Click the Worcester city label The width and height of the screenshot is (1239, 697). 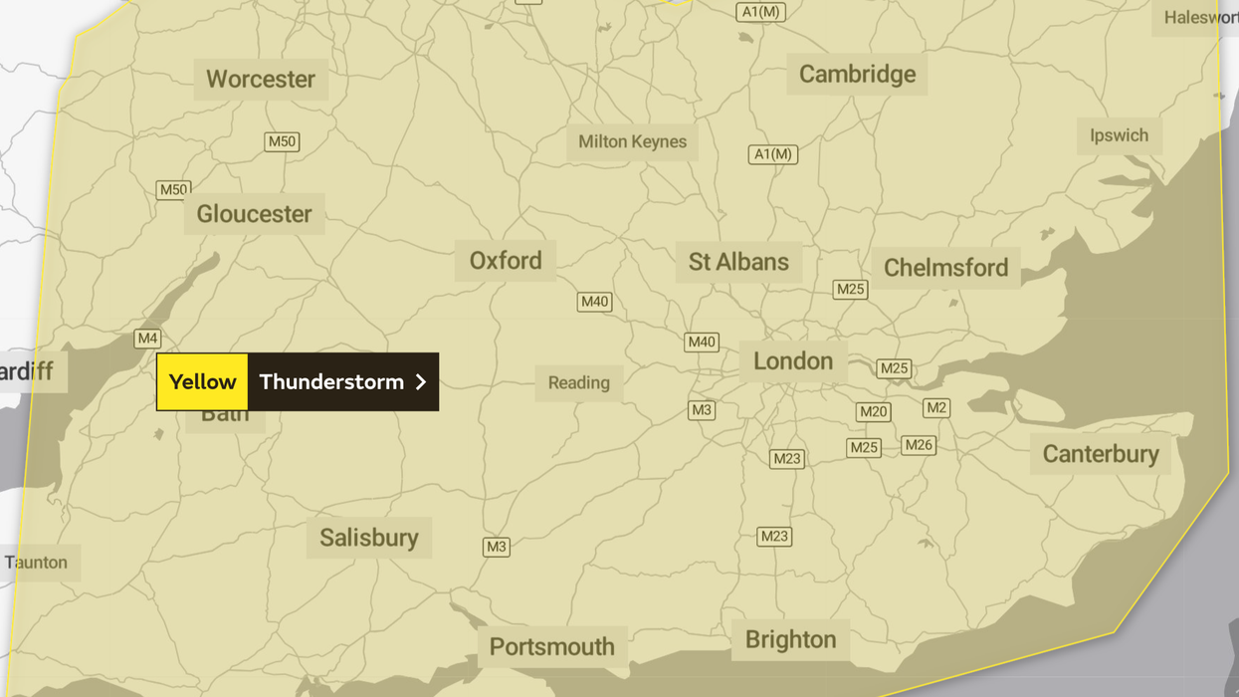pos(260,79)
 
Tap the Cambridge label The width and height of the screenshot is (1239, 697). pos(857,75)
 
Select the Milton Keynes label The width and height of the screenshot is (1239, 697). pos(632,141)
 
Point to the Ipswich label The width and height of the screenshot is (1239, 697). pos(1119,135)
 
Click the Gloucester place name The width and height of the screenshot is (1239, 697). pos(254,214)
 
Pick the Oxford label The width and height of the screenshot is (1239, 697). pos(506,261)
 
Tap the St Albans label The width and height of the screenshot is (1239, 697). pos(738,262)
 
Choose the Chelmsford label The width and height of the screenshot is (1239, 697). pos(945,268)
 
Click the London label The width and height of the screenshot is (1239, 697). pos(792,361)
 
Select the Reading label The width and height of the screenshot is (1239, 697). pos(578,383)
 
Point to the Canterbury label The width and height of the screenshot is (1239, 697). pos(1100,454)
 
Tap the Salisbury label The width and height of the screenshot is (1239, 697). pos(368,538)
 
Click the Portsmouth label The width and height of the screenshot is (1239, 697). pos(551,647)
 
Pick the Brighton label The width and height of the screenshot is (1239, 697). pos(790,639)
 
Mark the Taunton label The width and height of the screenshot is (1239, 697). pos(37,563)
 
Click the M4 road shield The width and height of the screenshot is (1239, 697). pos(147,339)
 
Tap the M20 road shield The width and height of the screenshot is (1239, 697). pos(873,412)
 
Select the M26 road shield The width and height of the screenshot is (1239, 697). pos(918,445)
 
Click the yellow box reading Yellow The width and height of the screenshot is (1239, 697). pos(202,382)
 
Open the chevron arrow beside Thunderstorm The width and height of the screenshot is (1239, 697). pos(421,382)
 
